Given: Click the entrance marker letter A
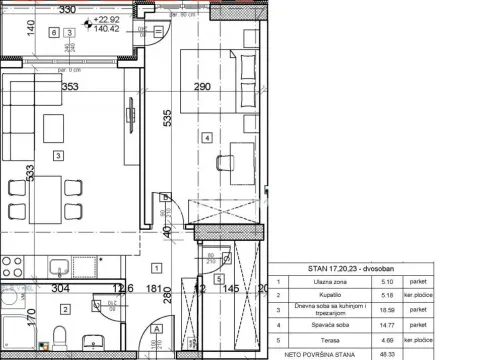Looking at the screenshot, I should pyautogui.click(x=156, y=328).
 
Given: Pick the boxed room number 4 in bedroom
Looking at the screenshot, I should pyautogui.click(x=206, y=137).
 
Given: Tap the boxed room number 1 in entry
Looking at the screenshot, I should pyautogui.click(x=156, y=267).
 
